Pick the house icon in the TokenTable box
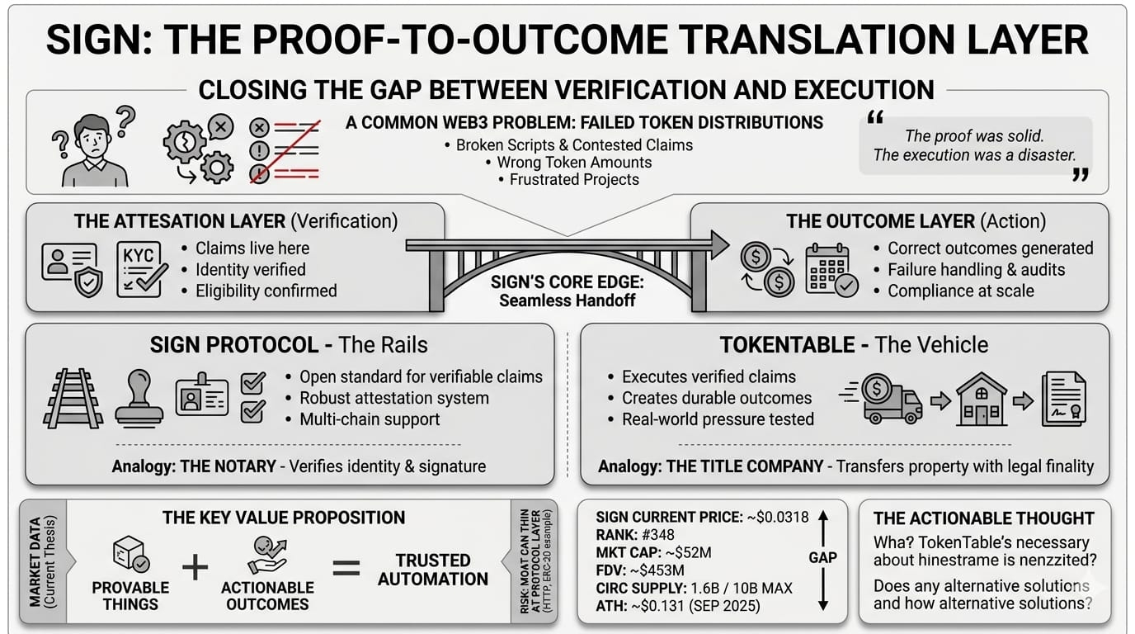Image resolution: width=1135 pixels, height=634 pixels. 981,400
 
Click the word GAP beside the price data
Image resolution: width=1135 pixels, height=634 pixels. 822,557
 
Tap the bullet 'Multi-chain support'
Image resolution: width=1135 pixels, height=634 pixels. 370,419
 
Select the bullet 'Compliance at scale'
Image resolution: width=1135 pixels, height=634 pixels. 960,291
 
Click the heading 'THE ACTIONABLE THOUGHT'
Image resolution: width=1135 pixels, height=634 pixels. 983,518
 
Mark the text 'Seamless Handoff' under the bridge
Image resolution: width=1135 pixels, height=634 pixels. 567,300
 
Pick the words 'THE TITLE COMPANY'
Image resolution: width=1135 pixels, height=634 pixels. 744,466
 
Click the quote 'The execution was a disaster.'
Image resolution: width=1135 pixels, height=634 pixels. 975,155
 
